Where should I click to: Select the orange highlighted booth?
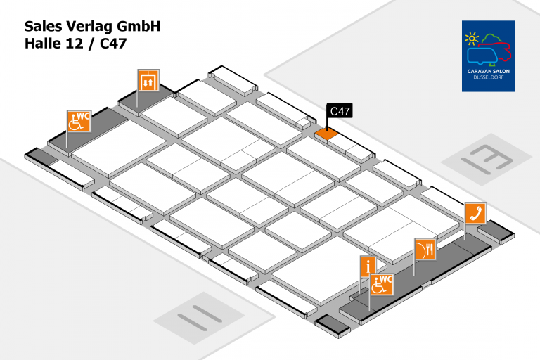pos(326,132)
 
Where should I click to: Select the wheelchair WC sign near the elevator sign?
pos(79,120)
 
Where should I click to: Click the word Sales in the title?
pos(45,27)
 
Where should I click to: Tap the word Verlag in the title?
pos(93,27)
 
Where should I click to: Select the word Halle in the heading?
pos(43,44)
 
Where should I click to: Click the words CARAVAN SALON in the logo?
pos(489,72)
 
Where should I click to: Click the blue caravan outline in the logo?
pos(483,56)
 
